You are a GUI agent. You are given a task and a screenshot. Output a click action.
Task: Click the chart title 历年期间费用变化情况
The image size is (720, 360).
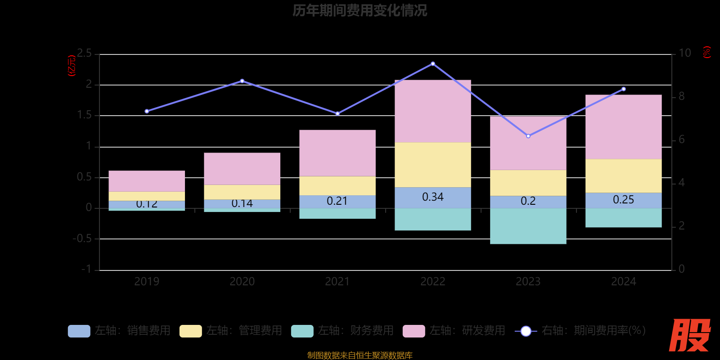360,10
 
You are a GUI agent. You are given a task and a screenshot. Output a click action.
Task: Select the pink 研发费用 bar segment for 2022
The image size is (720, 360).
432,111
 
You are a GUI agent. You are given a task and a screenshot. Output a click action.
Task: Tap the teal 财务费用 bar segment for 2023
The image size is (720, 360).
528,226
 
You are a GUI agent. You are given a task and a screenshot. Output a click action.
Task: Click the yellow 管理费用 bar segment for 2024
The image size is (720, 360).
623,176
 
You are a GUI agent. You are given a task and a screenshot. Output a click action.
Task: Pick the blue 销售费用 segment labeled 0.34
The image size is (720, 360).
432,198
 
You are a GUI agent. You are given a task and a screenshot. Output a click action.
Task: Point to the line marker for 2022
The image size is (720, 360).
433,64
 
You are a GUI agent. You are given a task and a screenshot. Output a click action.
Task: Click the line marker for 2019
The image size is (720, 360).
147,111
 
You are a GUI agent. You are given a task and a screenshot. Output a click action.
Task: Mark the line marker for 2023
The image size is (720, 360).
528,136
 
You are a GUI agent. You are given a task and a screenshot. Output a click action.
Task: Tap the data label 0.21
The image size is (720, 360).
337,201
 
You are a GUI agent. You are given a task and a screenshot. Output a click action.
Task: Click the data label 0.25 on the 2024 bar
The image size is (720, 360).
623,200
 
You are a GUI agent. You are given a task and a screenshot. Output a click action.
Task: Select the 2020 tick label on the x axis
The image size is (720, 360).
242,282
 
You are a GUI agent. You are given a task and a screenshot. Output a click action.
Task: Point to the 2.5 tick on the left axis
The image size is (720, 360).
84,54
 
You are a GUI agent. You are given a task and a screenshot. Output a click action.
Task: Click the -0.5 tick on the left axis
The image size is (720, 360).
82,238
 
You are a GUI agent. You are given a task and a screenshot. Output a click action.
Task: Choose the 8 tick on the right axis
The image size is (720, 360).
681,96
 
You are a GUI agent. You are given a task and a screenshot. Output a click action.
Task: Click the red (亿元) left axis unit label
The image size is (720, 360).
72,66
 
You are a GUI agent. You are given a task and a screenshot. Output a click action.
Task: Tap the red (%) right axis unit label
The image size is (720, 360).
707,52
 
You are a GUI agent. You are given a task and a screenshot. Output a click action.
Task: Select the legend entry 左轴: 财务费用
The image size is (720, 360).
342,331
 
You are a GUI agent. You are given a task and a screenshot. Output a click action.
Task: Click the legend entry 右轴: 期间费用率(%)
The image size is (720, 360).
580,331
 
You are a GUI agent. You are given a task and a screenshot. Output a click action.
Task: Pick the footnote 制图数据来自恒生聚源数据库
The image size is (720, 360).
360,355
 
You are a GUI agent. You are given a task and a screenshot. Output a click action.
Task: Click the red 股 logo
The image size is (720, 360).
689,335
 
